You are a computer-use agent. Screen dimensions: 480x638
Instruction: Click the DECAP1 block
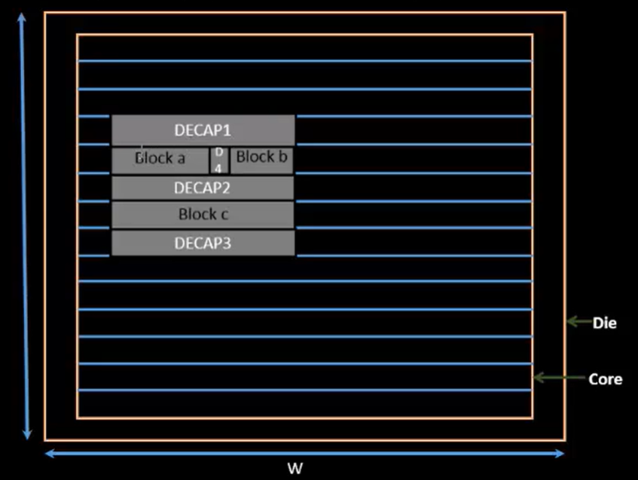coord(203,130)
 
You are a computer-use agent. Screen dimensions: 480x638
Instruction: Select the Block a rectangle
coord(160,159)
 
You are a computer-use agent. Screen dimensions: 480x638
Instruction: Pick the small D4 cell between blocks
coord(218,160)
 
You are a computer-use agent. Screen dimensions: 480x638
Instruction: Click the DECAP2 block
coord(203,187)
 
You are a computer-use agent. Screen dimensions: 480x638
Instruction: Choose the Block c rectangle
coord(203,214)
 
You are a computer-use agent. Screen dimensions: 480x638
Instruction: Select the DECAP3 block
coord(203,243)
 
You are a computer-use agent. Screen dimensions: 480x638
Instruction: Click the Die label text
coord(604,323)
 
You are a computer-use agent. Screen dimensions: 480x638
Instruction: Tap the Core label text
coord(605,379)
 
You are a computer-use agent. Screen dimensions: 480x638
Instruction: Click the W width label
coord(295,468)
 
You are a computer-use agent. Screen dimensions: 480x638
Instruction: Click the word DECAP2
coord(203,187)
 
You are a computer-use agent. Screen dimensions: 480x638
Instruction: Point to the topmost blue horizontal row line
coord(304,61)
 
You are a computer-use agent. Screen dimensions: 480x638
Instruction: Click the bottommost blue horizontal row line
coord(304,390)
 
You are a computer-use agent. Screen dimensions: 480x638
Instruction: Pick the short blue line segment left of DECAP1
coord(94,117)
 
